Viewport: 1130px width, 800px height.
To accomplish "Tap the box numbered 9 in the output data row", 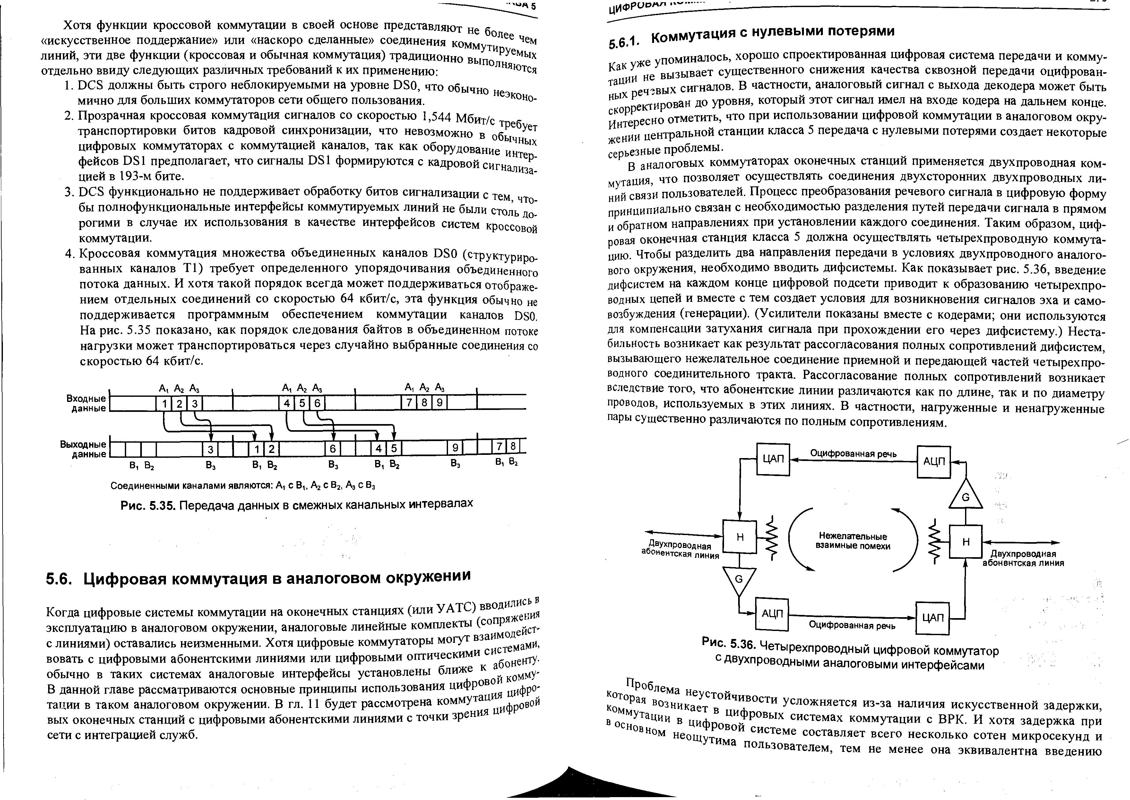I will (455, 448).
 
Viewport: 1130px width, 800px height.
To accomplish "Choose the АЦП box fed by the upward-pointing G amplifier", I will (933, 462).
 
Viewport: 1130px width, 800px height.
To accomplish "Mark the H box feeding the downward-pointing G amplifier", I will (739, 538).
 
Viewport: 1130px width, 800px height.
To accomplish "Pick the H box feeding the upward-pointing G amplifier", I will (965, 541).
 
